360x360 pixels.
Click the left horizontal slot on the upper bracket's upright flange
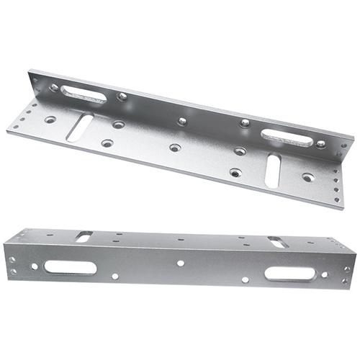coord(83,94)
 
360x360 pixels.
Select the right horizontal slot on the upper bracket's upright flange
coord(287,137)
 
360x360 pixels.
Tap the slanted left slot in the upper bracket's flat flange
coord(78,127)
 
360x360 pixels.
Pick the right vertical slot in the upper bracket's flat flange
coord(273,170)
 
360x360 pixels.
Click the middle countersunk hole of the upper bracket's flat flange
coord(175,148)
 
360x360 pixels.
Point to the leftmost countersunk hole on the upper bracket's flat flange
coord(50,120)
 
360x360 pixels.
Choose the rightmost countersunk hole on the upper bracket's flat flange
coord(308,176)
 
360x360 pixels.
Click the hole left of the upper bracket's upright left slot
coord(54,88)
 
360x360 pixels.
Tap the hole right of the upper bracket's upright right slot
coord(320,144)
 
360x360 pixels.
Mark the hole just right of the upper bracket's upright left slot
coord(122,96)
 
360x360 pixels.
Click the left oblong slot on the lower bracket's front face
coord(70,267)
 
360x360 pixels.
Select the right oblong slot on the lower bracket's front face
coord(289,274)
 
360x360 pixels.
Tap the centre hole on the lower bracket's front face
coord(180,264)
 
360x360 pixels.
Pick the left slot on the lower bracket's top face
coord(84,235)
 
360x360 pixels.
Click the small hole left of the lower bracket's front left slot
coord(34,266)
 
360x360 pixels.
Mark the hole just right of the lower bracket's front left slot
coord(115,276)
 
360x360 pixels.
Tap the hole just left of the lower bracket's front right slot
coord(246,279)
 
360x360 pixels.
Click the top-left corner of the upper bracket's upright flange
coord(30,71)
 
